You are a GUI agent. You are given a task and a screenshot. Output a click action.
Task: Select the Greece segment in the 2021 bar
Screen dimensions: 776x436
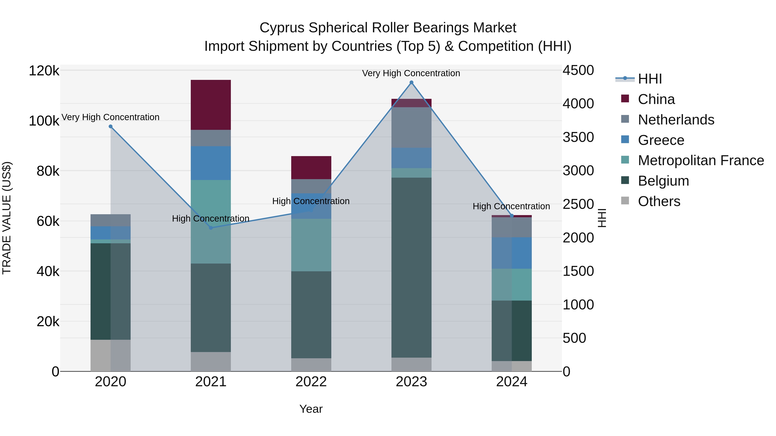211,163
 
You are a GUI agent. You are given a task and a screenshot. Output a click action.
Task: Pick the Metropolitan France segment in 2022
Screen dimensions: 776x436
311,245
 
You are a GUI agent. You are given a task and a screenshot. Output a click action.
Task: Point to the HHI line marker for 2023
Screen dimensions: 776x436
411,82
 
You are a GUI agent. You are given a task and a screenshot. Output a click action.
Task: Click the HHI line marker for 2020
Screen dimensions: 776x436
111,127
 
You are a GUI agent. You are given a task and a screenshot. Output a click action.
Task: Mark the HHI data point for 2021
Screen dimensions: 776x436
211,228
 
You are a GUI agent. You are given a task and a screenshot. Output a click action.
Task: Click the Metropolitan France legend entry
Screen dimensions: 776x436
692,160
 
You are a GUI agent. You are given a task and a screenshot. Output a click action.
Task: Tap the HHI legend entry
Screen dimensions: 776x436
639,79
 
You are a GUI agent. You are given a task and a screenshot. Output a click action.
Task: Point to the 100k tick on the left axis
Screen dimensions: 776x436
44,121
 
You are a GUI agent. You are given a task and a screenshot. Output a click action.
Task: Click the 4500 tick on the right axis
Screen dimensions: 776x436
578,70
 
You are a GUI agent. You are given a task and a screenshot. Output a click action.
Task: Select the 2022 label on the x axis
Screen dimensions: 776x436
311,382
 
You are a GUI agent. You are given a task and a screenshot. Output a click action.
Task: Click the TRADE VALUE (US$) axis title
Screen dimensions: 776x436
7,218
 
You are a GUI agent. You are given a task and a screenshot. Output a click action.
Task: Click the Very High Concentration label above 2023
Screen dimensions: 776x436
411,73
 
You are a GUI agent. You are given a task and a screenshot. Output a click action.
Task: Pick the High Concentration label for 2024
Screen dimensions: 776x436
511,206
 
